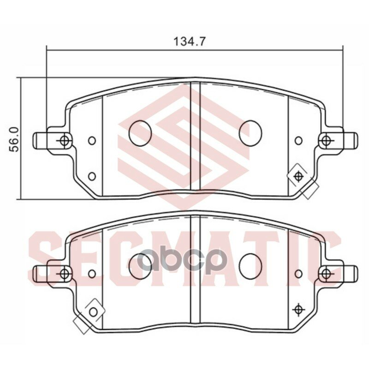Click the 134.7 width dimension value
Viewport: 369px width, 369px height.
tap(189, 41)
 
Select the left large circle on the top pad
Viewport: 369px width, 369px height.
tap(140, 133)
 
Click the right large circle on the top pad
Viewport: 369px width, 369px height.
tap(250, 133)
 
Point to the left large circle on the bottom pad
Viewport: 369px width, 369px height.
tap(140, 267)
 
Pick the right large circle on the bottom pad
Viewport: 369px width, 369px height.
tap(250, 267)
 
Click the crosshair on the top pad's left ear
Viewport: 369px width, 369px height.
tap(64, 139)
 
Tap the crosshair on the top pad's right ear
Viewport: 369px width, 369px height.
tap(327, 139)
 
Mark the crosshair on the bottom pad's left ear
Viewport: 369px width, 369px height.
tap(64, 274)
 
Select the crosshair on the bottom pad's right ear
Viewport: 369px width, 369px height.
tap(327, 274)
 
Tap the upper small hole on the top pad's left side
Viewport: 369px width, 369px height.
tap(92, 140)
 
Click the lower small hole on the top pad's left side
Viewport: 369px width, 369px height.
tap(92, 176)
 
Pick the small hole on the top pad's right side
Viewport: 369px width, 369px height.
tap(298, 140)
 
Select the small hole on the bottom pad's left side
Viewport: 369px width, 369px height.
tap(92, 274)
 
